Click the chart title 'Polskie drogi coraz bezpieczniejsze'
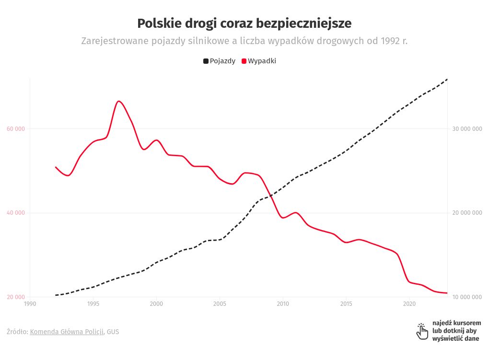(x=244, y=23)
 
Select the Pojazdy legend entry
(x=219, y=61)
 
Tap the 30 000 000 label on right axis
(x=466, y=129)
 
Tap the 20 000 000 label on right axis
(x=466, y=213)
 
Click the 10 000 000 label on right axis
(x=466, y=297)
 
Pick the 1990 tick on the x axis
(x=30, y=303)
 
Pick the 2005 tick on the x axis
(x=220, y=303)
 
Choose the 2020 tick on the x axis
(x=409, y=303)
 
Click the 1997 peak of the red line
(x=118, y=101)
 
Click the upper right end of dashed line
(x=447, y=79)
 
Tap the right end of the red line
(x=447, y=293)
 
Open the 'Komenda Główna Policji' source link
(x=67, y=332)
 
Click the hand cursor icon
(x=422, y=331)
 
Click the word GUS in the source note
(x=113, y=332)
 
